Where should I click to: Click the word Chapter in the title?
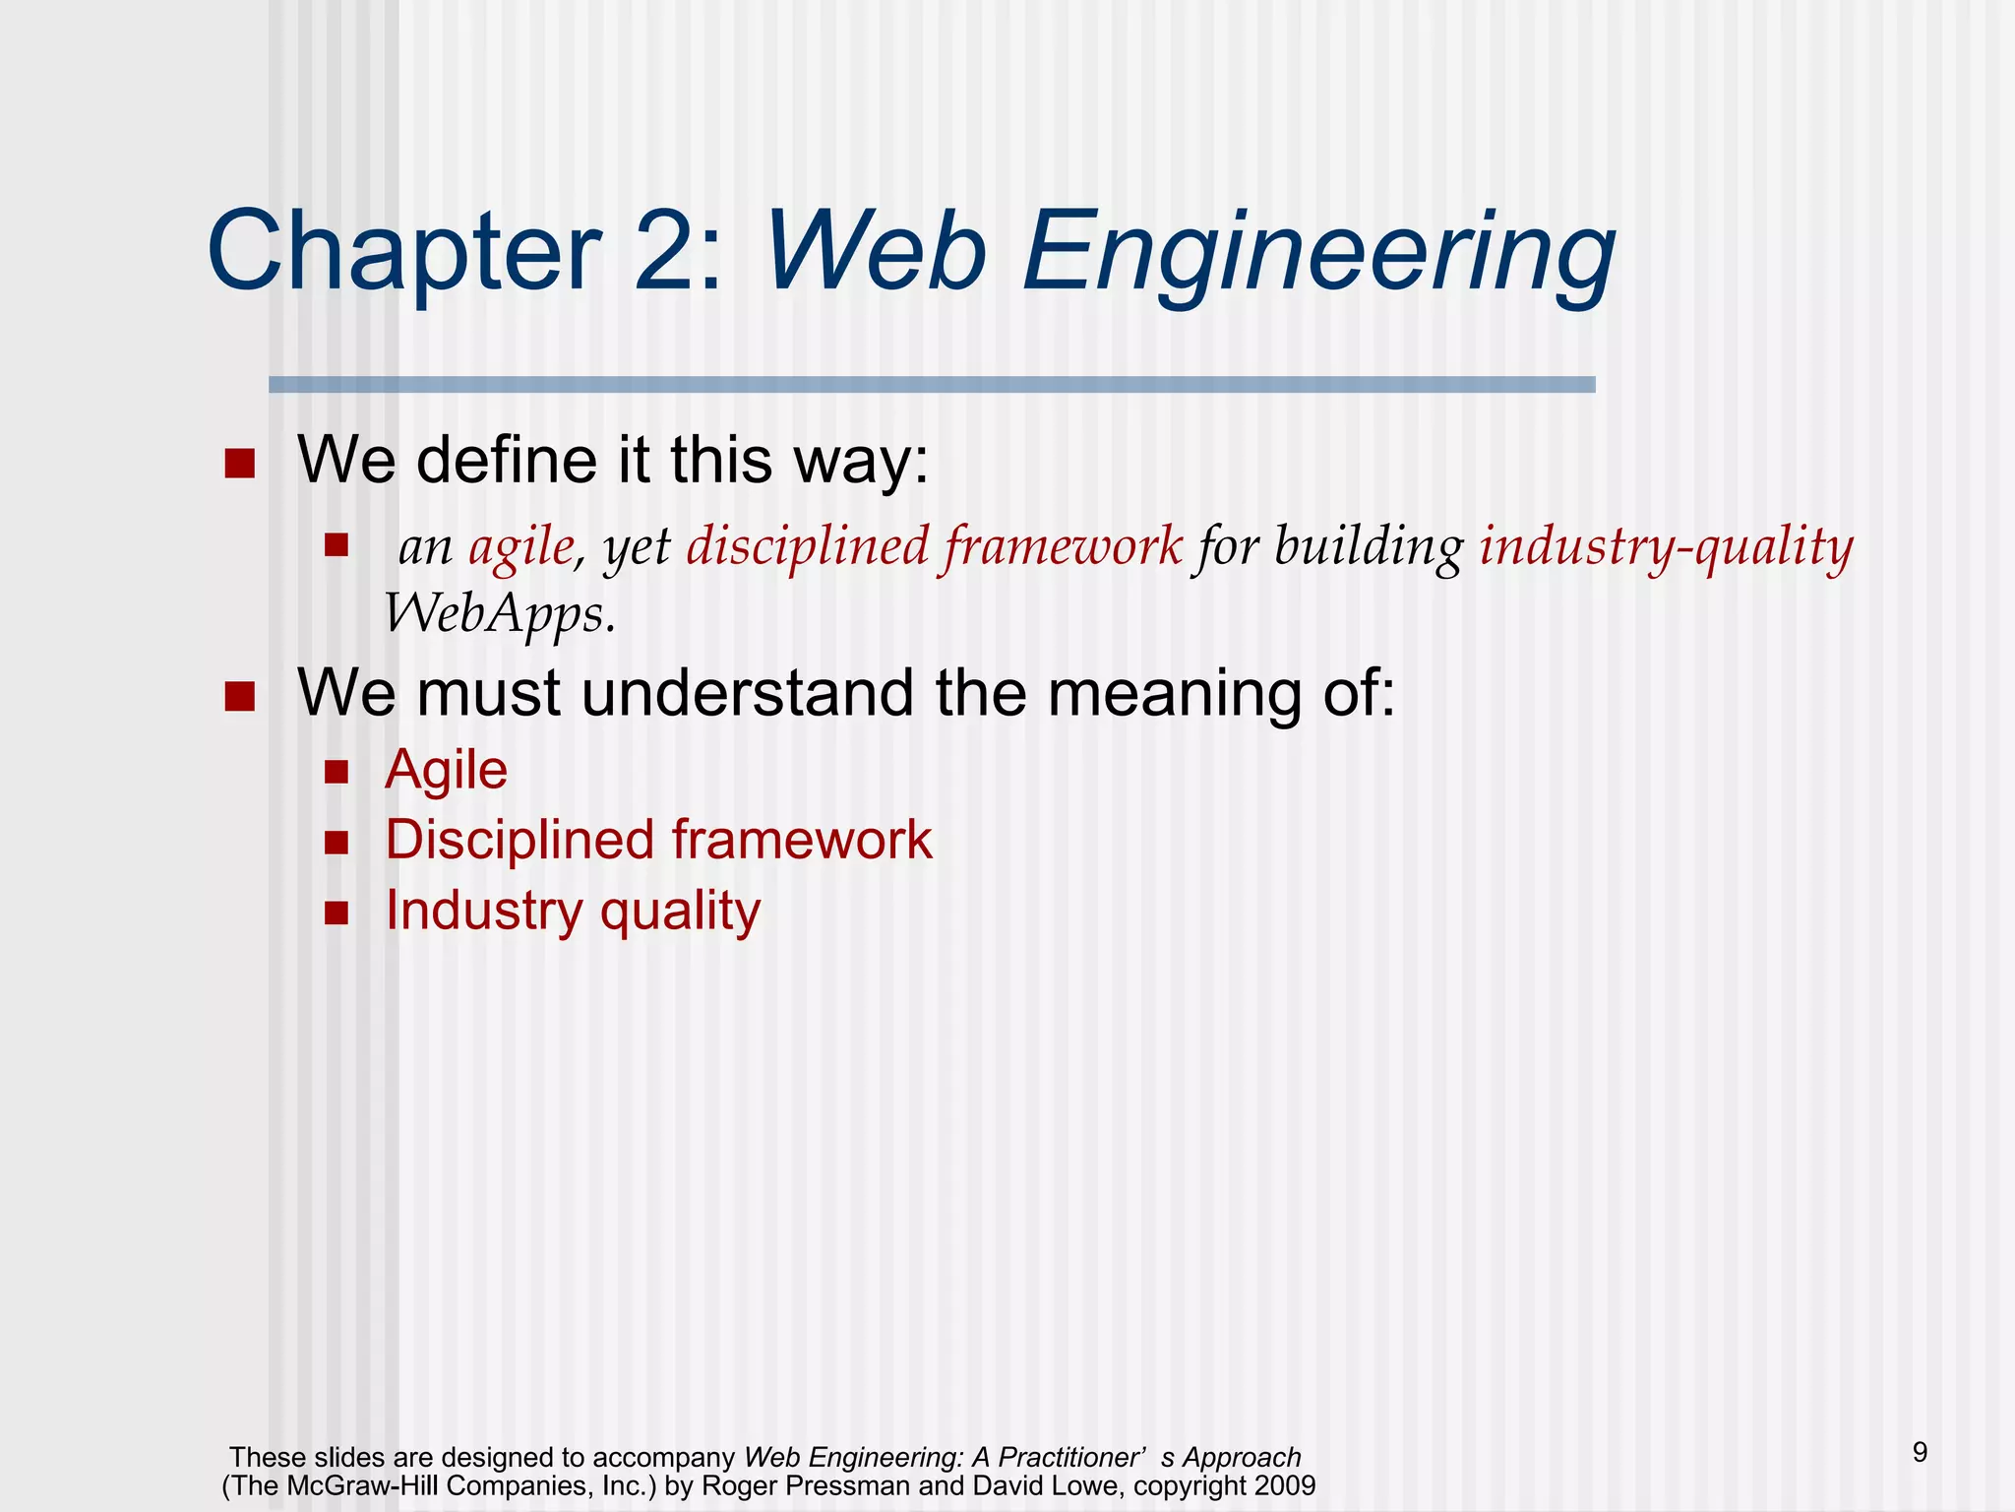403,252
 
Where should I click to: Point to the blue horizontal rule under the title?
931,385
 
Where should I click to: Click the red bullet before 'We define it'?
239,464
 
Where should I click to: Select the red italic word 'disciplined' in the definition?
807,546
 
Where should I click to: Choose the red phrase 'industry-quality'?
1666,547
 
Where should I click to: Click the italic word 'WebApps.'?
500,616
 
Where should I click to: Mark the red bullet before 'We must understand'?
239,697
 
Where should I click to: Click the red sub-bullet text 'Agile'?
446,770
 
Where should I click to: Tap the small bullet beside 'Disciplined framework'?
336,843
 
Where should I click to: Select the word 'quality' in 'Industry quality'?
680,912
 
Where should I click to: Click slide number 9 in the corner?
1920,1452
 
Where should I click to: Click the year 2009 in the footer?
1283,1485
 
